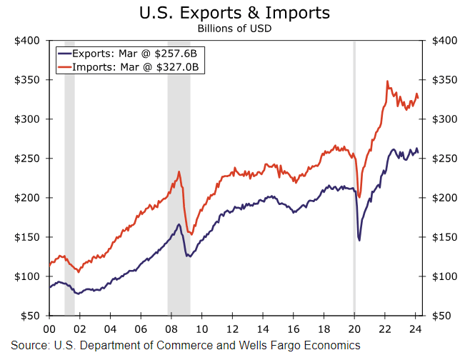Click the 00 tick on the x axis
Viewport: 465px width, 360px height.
(49, 329)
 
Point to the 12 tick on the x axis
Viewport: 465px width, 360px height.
(232, 329)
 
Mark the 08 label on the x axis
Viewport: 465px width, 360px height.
(171, 329)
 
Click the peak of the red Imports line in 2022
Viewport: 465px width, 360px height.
(387, 81)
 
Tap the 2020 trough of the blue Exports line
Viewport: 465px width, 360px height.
(359, 240)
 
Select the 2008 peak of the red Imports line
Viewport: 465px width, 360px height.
(179, 171)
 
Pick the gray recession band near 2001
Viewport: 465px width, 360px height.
(69, 179)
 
